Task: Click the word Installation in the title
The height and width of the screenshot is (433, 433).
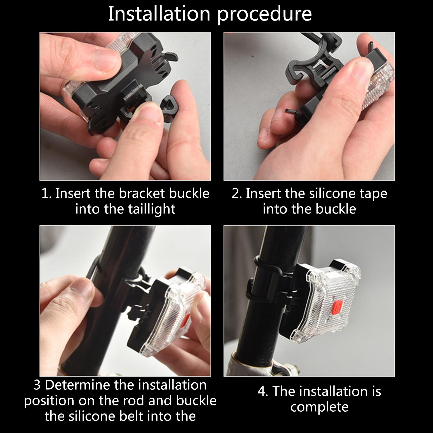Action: pos(159,13)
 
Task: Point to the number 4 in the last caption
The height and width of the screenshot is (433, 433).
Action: pos(261,391)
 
